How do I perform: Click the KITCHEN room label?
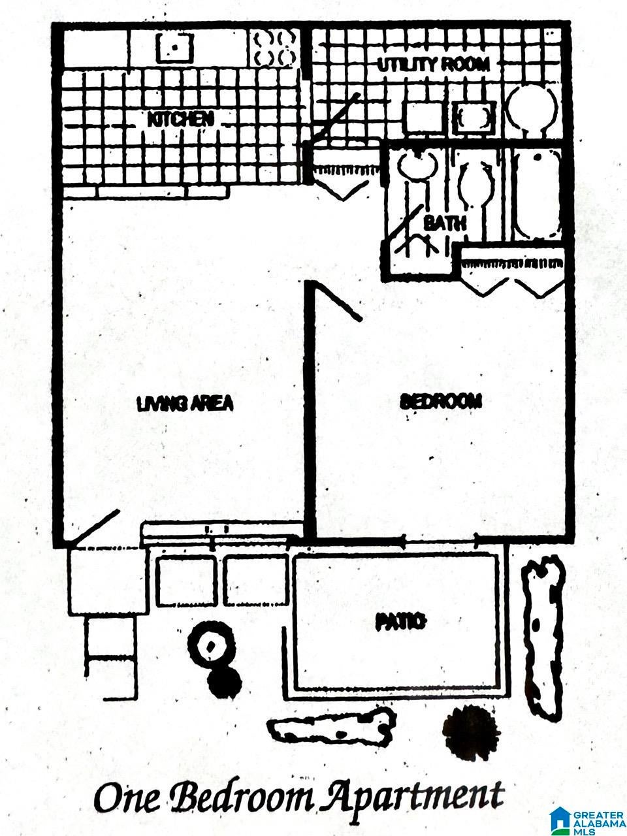click(180, 120)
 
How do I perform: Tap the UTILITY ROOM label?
click(433, 65)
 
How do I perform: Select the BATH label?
click(445, 223)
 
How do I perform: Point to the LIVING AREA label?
click(185, 404)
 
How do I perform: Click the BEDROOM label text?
click(441, 402)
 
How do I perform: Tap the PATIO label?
click(400, 622)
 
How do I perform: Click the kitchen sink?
click(174, 48)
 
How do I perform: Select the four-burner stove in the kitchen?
click(274, 49)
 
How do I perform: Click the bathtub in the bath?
click(536, 194)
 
